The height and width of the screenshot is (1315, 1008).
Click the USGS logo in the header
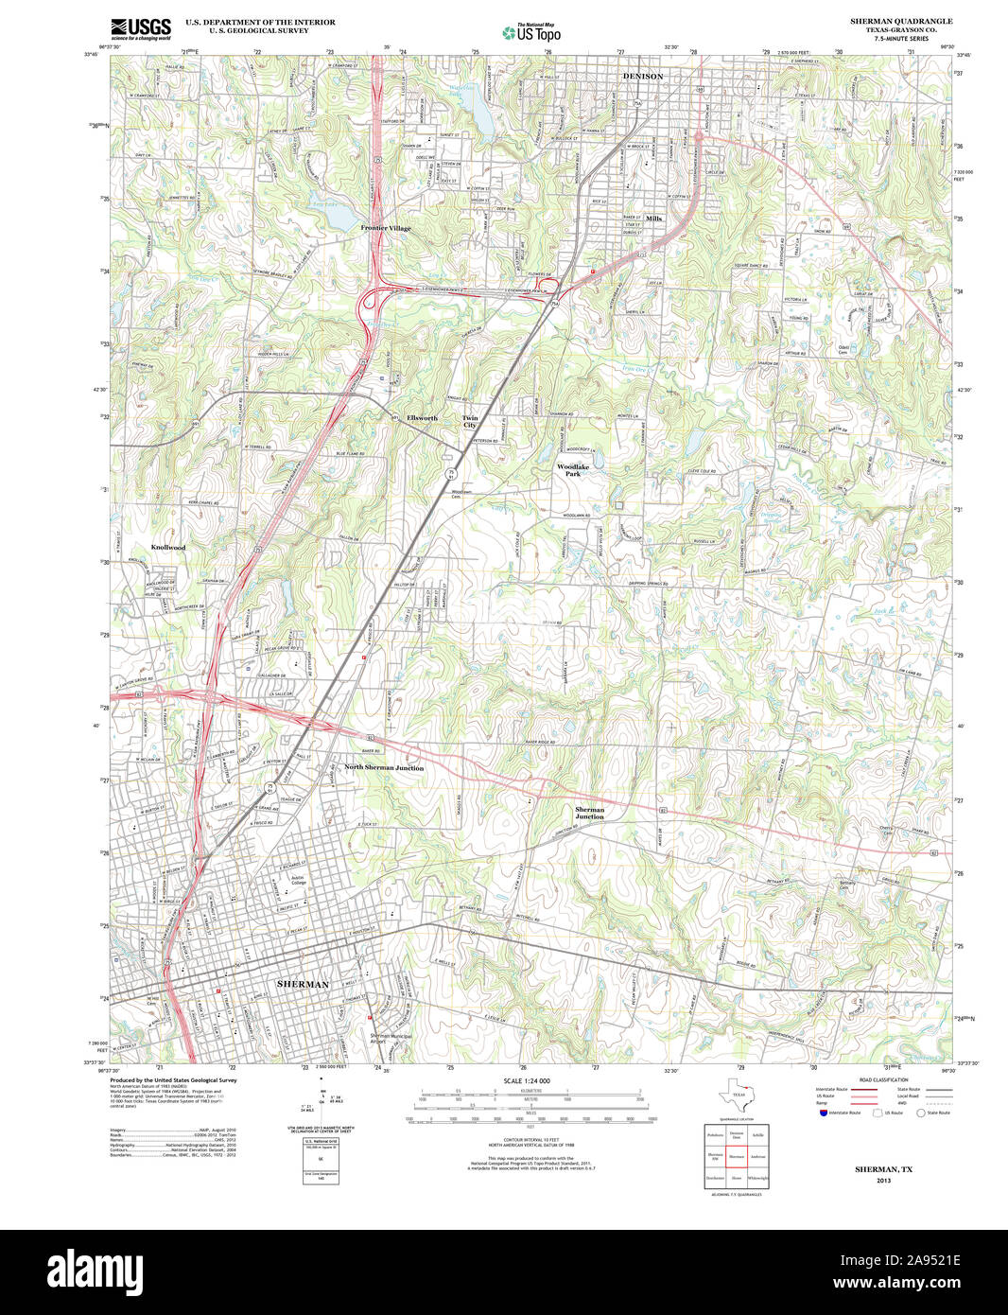click(x=141, y=29)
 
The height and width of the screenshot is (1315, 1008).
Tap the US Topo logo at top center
click(x=530, y=32)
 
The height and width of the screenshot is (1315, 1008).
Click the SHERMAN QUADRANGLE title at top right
click(x=900, y=21)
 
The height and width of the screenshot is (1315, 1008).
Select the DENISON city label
click(x=642, y=76)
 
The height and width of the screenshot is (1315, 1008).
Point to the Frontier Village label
click(x=385, y=228)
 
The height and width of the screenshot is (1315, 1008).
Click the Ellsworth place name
click(x=422, y=418)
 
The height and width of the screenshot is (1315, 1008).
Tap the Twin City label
click(x=470, y=422)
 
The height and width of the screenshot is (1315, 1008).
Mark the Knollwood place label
click(x=168, y=548)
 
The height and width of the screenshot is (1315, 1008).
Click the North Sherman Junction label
click(x=383, y=768)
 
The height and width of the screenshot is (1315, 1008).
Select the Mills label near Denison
click(x=653, y=219)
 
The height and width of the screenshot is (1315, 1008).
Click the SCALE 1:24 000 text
click(x=527, y=1080)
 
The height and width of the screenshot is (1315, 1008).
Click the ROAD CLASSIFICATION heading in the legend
click(x=883, y=1079)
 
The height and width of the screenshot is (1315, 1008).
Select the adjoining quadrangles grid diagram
click(x=737, y=1156)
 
